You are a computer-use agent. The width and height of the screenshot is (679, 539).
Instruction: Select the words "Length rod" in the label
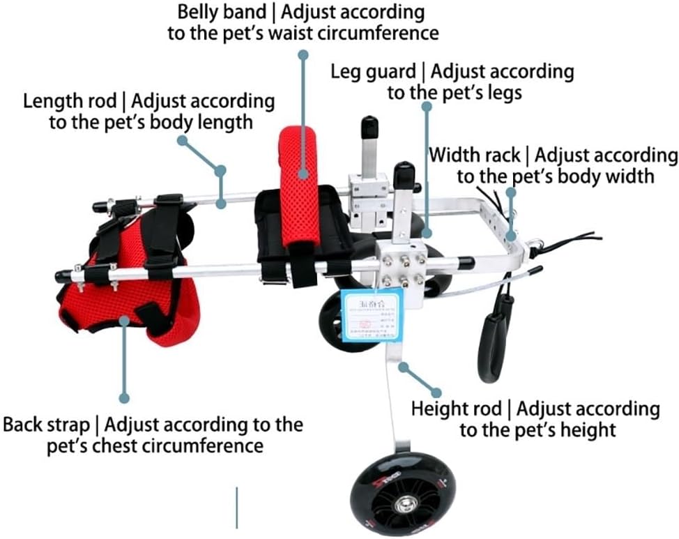click(x=70, y=101)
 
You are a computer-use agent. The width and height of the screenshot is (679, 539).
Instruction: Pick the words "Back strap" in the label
click(x=46, y=425)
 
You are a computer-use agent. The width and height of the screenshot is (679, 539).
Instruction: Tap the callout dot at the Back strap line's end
click(x=124, y=398)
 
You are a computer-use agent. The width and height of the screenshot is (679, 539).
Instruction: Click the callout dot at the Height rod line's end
click(x=436, y=392)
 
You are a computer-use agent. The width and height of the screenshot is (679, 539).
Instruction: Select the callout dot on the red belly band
click(x=303, y=174)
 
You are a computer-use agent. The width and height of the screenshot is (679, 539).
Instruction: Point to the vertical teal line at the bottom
click(x=237, y=507)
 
